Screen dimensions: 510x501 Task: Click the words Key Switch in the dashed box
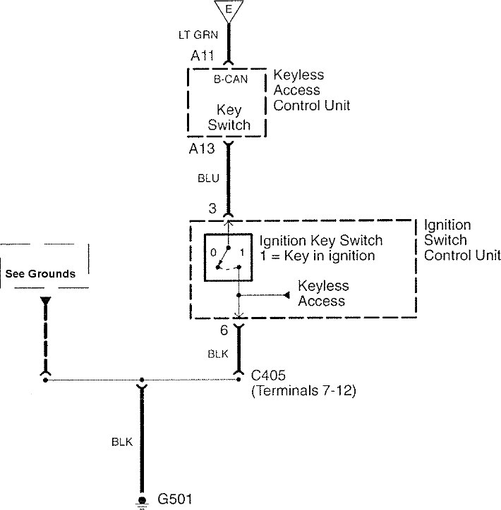click(x=229, y=118)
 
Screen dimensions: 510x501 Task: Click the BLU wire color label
click(x=209, y=179)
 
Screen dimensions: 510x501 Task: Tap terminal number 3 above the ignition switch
click(x=212, y=209)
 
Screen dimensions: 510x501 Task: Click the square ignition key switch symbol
click(x=228, y=257)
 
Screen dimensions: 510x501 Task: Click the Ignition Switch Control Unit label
click(x=461, y=240)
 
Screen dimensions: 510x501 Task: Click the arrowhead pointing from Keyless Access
click(x=287, y=294)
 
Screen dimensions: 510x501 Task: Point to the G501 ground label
click(x=171, y=499)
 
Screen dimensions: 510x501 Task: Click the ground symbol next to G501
click(x=142, y=501)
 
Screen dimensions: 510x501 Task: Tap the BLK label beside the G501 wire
click(x=121, y=442)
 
